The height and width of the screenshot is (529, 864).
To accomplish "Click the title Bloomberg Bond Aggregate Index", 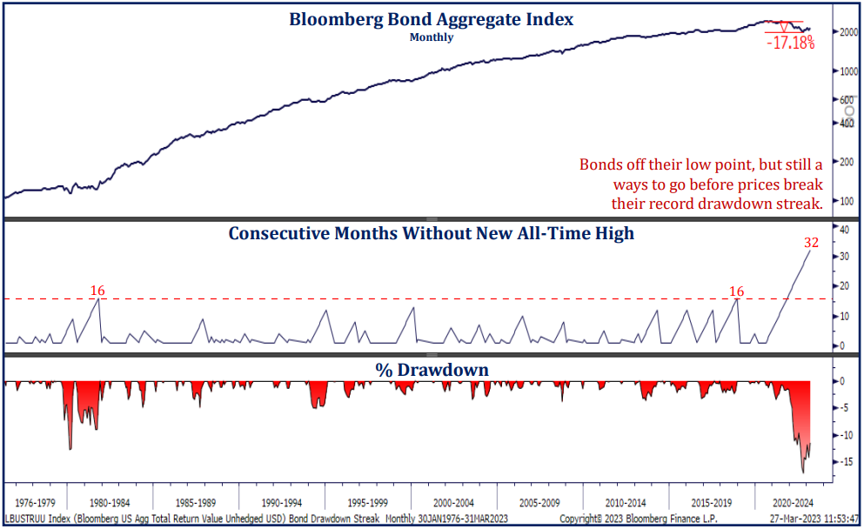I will (431, 19).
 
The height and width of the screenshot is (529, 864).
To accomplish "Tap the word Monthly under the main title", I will (432, 37).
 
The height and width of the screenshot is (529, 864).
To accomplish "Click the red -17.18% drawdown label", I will (791, 43).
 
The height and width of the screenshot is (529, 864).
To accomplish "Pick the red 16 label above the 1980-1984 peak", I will (98, 290).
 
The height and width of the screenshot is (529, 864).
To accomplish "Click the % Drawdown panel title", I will (432, 370).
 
